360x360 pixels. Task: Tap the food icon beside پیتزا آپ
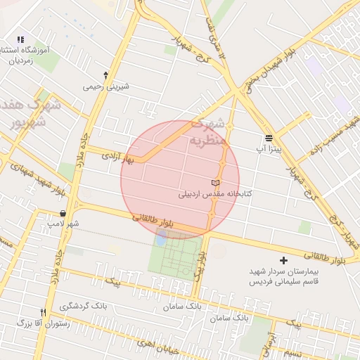(x=269, y=138)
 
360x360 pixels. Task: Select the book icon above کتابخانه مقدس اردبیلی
(x=215, y=183)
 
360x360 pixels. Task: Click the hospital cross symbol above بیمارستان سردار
(x=283, y=261)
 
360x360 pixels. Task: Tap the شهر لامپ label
(x=63, y=224)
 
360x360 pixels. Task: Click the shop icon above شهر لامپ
(x=63, y=213)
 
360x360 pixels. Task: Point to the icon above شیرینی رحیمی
(x=105, y=75)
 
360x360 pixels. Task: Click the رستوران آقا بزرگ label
(x=44, y=323)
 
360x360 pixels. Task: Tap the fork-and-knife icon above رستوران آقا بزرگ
(x=44, y=313)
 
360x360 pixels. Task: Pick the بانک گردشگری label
(x=83, y=307)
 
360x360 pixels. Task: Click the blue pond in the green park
(x=161, y=238)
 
